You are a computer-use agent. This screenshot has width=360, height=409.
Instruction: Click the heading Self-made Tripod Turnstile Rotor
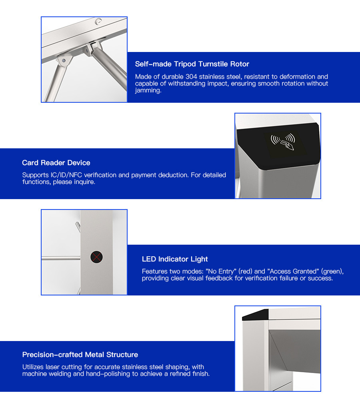click(x=192, y=64)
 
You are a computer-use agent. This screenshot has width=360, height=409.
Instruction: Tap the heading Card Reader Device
click(x=56, y=163)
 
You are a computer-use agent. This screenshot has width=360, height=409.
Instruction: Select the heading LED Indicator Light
click(x=175, y=259)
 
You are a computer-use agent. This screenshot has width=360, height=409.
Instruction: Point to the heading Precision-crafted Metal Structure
click(x=80, y=355)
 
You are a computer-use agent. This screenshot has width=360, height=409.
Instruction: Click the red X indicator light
click(x=96, y=257)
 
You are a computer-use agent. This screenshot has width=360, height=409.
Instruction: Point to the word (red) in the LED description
click(x=245, y=271)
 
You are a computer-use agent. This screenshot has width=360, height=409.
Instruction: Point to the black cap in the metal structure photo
click(x=255, y=314)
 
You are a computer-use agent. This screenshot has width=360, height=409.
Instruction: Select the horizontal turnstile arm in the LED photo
click(x=60, y=258)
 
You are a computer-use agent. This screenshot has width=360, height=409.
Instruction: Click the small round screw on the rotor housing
click(x=98, y=21)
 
